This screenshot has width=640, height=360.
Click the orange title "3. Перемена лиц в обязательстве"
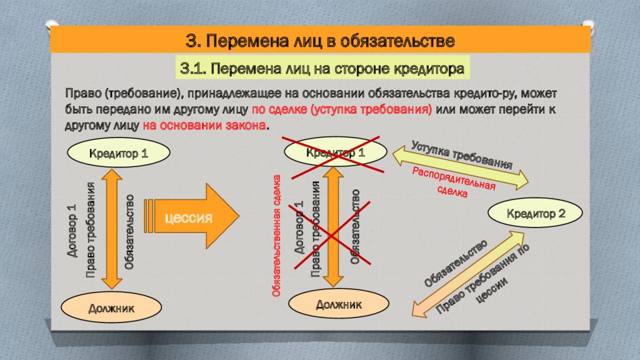tap(320, 41)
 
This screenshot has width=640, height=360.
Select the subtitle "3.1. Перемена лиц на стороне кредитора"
tap(322, 68)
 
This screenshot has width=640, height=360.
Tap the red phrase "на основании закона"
tap(204, 125)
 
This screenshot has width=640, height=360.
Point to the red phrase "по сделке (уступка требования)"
tap(342, 109)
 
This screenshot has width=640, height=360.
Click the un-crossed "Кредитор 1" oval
tap(118, 153)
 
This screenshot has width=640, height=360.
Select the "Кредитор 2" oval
tap(536, 213)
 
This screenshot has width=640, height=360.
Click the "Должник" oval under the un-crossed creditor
tap(111, 307)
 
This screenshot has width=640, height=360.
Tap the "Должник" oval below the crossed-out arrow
tap(339, 304)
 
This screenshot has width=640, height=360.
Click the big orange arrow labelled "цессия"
tap(191, 216)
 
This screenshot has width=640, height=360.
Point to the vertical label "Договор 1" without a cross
tap(72, 230)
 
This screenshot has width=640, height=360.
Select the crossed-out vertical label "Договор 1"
tap(300, 227)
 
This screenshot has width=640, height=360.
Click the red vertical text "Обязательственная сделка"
tap(277, 236)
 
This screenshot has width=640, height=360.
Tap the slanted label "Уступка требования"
tap(462, 155)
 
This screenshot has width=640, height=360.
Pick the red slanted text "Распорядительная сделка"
tap(453, 182)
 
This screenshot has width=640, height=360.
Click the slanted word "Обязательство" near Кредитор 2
tap(456, 263)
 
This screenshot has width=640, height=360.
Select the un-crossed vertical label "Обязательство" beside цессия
tap(129, 232)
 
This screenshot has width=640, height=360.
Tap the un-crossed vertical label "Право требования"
tap(91, 230)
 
